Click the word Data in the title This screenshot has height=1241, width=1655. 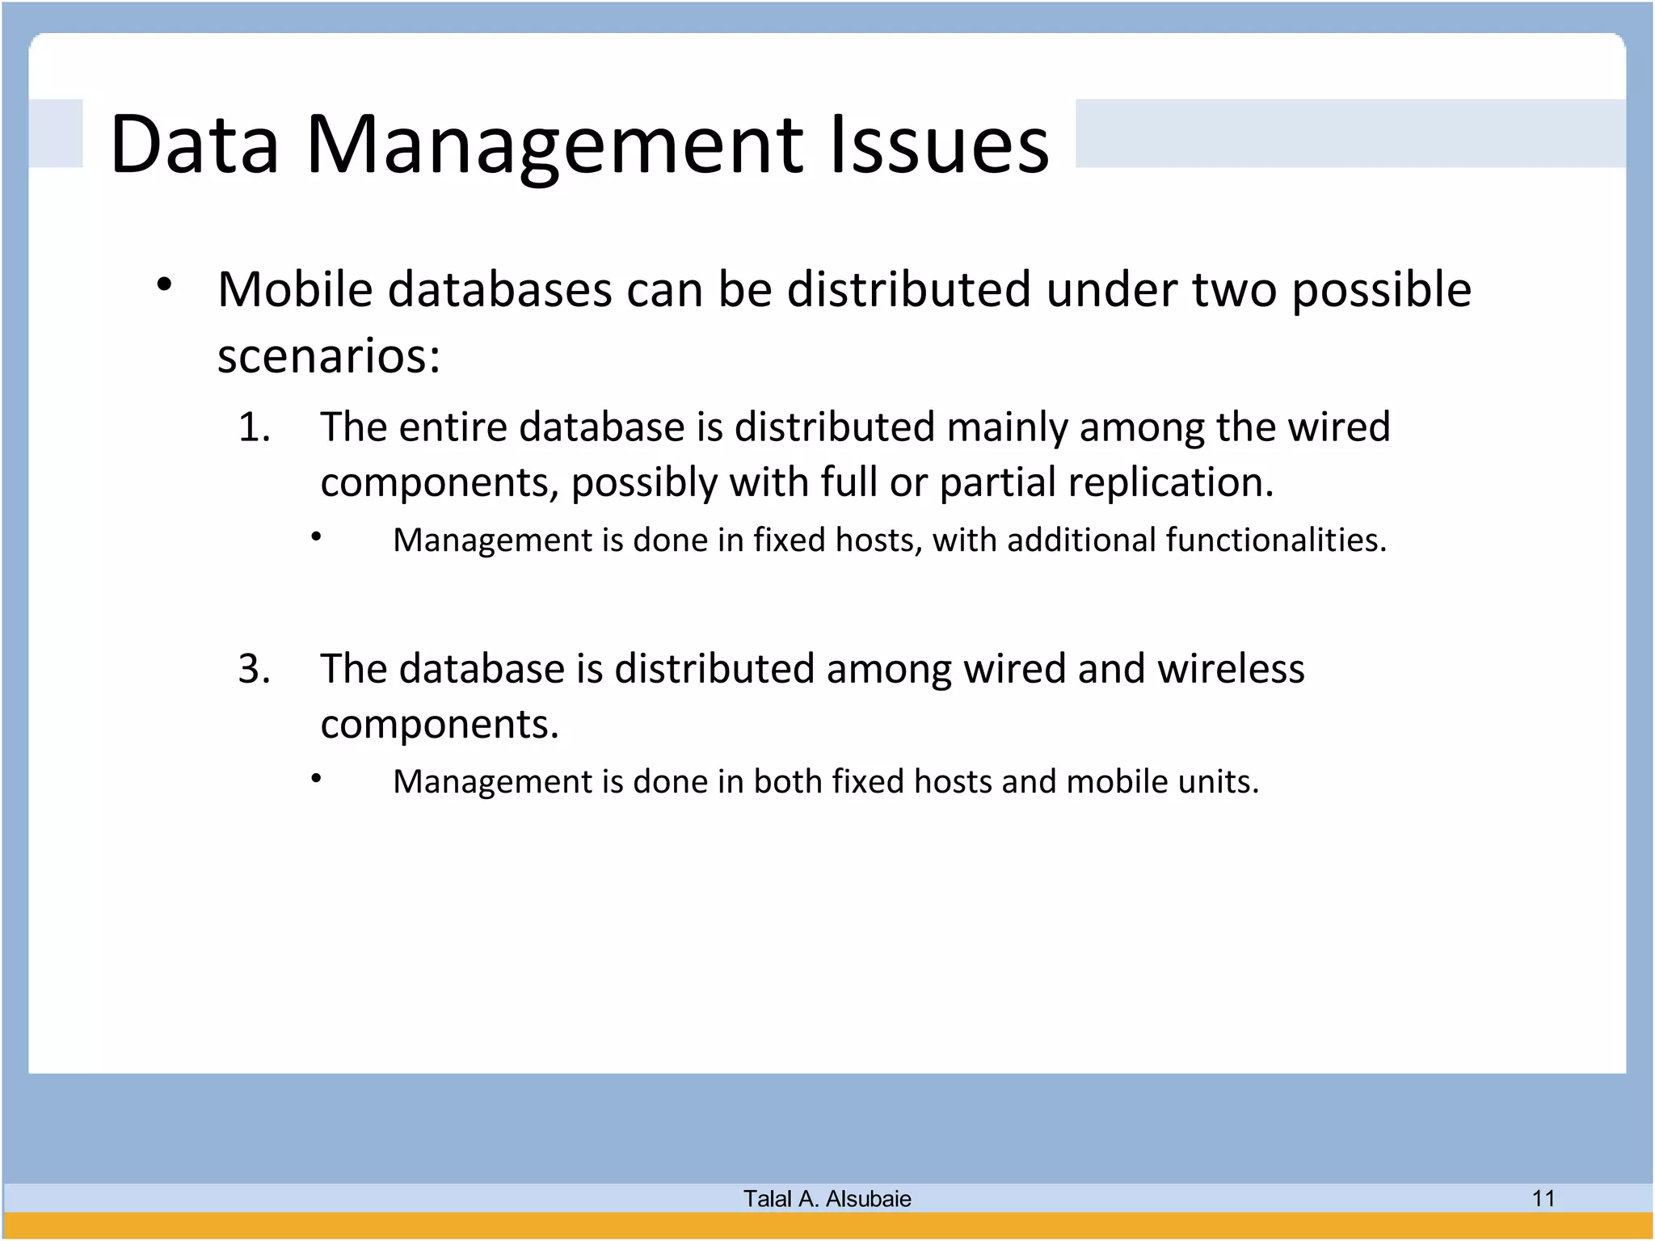(194, 145)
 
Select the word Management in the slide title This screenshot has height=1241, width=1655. (554, 145)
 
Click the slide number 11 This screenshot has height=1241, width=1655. (1543, 1198)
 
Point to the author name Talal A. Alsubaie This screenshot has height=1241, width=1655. (827, 1199)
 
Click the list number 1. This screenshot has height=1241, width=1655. (254, 427)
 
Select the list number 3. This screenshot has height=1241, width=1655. (254, 670)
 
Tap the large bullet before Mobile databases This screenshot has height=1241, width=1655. (164, 284)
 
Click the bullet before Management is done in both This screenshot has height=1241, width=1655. (317, 778)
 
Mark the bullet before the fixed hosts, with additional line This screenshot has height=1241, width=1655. (317, 536)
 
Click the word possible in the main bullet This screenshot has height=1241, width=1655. (1381, 291)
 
